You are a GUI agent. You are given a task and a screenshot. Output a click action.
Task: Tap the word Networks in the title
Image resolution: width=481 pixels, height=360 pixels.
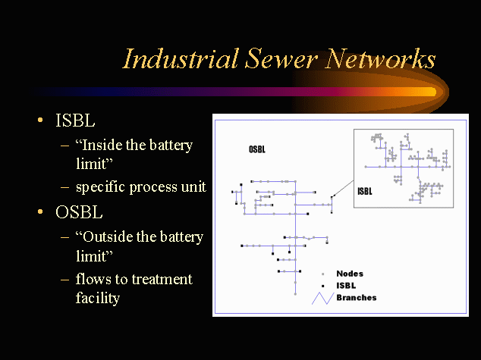point(381,59)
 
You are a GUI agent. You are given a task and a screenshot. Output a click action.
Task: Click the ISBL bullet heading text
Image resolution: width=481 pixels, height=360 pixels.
point(75,121)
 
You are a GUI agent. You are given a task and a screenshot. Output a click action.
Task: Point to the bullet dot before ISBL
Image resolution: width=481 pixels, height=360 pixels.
point(40,121)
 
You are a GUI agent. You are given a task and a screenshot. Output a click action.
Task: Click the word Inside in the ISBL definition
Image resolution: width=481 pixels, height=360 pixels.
point(102,145)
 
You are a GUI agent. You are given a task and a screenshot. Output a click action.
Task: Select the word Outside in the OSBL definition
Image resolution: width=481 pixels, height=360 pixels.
point(108,236)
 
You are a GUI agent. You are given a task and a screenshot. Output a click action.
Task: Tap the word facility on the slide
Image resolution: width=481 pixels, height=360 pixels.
point(98,298)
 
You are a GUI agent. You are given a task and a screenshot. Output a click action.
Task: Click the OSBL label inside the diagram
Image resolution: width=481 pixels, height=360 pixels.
point(257,149)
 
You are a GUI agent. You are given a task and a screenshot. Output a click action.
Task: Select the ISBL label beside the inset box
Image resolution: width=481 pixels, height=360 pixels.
point(364,192)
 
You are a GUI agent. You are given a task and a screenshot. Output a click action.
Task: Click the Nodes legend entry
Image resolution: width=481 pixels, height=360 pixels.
point(350,274)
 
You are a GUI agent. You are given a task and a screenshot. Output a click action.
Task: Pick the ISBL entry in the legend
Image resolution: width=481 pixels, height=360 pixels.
point(346,286)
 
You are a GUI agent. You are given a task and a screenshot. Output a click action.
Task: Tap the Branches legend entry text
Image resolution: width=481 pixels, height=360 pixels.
point(356,298)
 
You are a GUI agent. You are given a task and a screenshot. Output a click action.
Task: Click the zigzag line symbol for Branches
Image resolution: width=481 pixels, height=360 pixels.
point(322,298)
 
